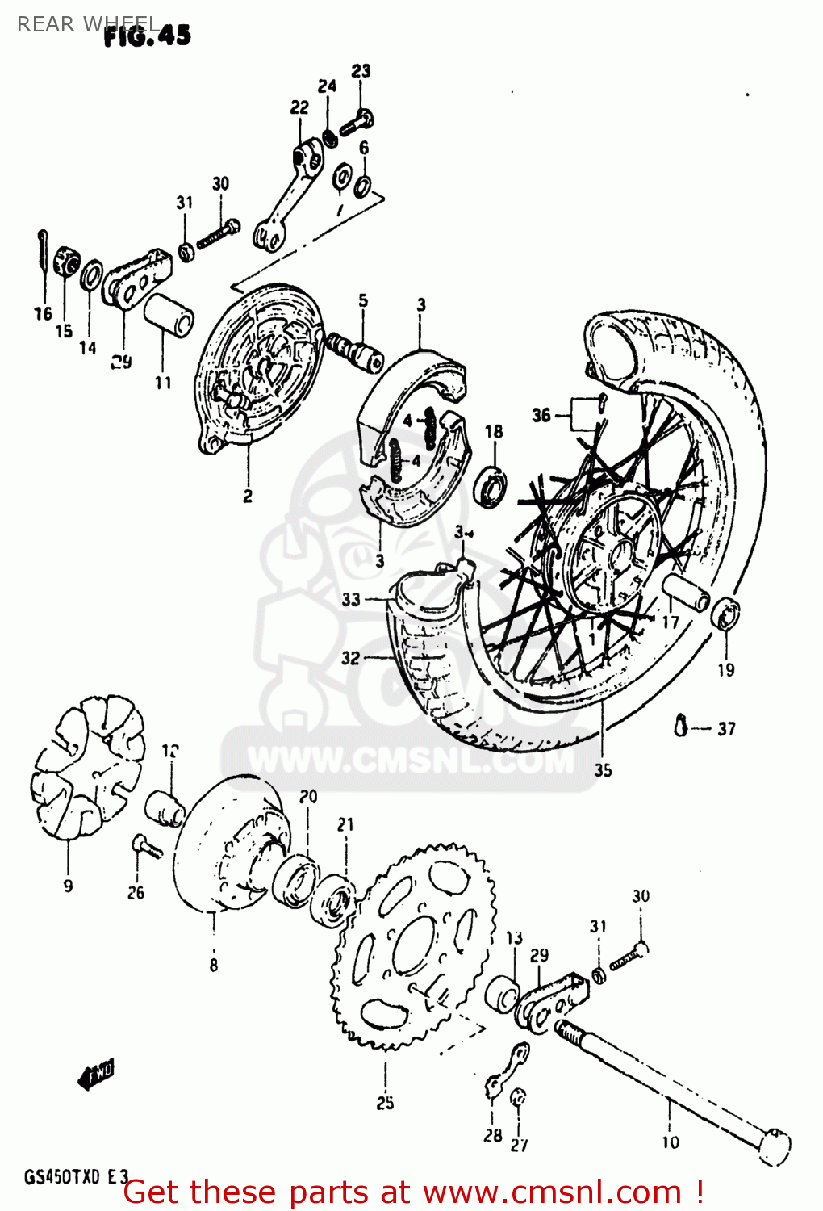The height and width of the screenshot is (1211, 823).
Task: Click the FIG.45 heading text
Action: click(x=148, y=36)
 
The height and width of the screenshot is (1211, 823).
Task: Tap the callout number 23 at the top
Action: click(x=361, y=71)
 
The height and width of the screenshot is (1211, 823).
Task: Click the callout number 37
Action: click(x=726, y=729)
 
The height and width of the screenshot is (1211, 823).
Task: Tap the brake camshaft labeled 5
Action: click(x=354, y=348)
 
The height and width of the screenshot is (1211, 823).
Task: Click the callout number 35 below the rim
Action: click(x=603, y=770)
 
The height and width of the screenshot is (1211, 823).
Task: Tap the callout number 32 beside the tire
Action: click(x=350, y=658)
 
